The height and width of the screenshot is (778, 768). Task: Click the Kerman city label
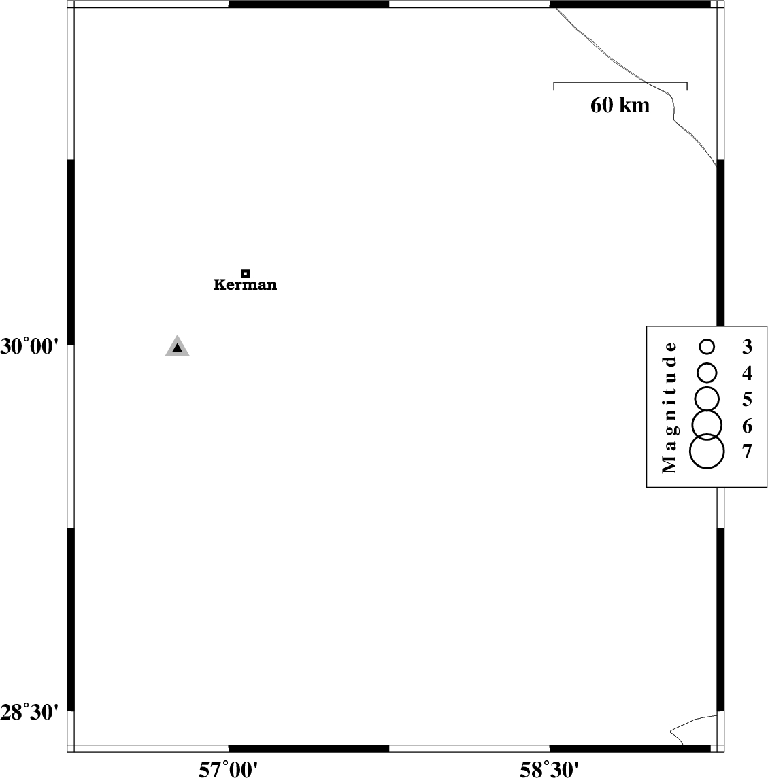click(x=246, y=284)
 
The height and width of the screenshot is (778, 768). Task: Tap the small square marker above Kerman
click(x=246, y=273)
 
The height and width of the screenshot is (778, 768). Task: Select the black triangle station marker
click(x=178, y=347)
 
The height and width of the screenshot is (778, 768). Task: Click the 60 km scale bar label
click(x=620, y=105)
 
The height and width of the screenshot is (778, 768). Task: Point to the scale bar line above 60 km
click(x=620, y=82)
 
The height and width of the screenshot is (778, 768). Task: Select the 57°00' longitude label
click(x=229, y=769)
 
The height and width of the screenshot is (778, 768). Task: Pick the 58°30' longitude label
click(x=549, y=769)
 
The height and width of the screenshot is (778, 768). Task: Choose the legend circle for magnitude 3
click(x=707, y=346)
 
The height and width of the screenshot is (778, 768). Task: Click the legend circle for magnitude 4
click(x=707, y=373)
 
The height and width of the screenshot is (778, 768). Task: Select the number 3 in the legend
click(x=747, y=346)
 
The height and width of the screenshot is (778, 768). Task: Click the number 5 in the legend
click(x=747, y=399)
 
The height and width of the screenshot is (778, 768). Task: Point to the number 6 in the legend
click(x=747, y=426)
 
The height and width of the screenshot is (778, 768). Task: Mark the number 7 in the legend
click(x=747, y=452)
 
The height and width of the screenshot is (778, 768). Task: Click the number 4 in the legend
click(x=747, y=373)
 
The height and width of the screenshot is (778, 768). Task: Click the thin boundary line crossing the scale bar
click(x=646, y=82)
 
